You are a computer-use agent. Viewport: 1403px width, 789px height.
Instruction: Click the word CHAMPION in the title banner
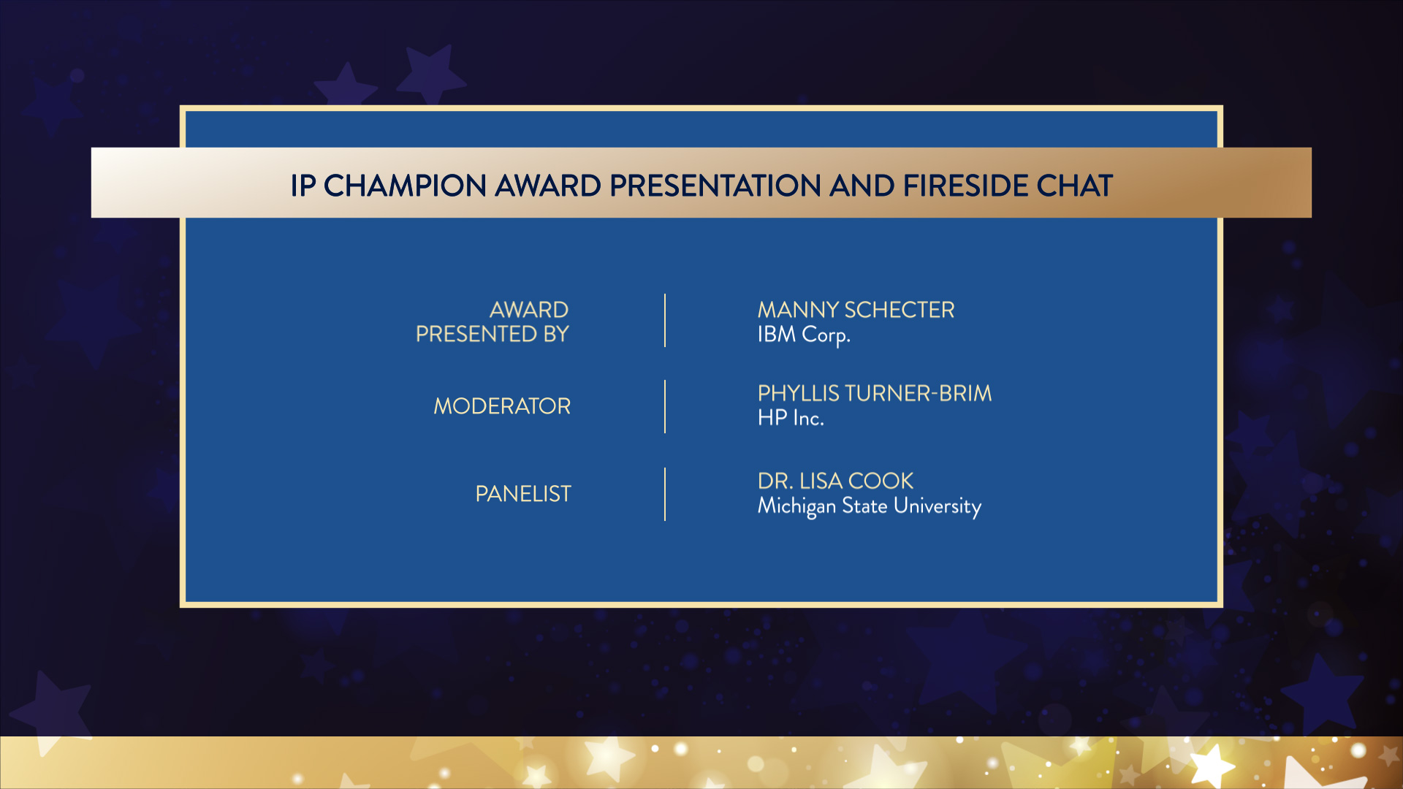click(405, 186)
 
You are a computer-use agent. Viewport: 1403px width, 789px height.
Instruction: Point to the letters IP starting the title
click(303, 186)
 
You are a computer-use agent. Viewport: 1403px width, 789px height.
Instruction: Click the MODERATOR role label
click(502, 406)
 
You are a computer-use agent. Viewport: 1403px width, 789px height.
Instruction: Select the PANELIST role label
click(523, 494)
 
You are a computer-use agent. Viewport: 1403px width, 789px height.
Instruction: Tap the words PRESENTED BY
click(492, 334)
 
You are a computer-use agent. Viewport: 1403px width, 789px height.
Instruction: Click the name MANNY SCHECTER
click(856, 310)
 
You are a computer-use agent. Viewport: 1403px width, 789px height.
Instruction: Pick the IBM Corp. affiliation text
click(804, 335)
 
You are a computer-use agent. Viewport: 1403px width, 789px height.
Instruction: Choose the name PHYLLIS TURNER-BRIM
click(875, 393)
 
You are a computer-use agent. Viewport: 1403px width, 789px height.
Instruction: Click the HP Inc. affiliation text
click(791, 418)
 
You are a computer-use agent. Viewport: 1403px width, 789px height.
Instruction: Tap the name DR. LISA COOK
click(835, 481)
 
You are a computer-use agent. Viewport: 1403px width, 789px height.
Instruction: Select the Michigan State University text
click(870, 506)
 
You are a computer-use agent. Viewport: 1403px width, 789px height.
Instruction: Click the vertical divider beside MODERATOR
click(665, 406)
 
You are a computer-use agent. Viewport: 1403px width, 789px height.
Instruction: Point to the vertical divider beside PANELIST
click(665, 494)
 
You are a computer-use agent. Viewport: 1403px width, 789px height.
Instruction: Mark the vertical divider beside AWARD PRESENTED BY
click(665, 321)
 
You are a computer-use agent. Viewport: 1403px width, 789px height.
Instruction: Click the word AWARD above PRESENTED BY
click(529, 310)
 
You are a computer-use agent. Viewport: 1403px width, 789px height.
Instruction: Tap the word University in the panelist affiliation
click(938, 506)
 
